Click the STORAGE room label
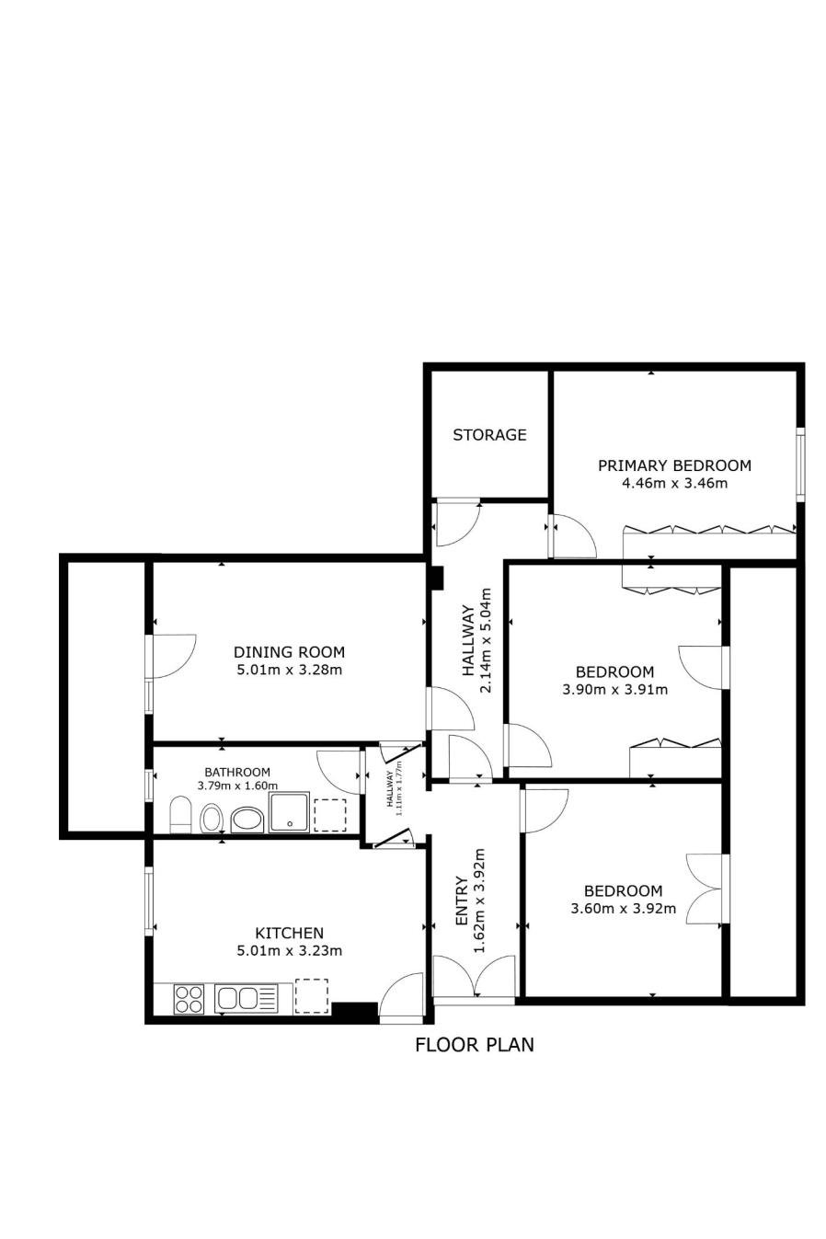coord(489,435)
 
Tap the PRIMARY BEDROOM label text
coord(674,465)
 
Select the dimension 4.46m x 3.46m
coord(674,484)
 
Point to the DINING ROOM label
coord(289,652)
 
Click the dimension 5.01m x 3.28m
coord(289,671)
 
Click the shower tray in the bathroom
coord(288,812)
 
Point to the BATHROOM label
coord(237,772)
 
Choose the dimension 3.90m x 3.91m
coord(614,690)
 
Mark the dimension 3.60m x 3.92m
coord(623,908)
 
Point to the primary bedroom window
coord(800,464)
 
